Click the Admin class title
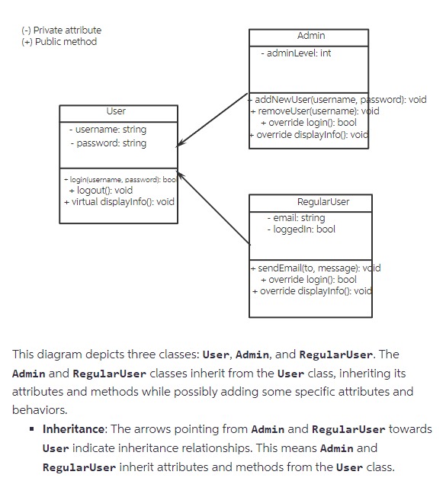pyautogui.click(x=310, y=37)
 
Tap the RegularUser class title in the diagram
pyautogui.click(x=311, y=201)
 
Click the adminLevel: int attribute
pyautogui.click(x=296, y=53)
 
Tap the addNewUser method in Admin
pyautogui.click(x=338, y=100)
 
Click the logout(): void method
pyautogui.click(x=101, y=191)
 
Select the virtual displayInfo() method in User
pyautogui.click(x=119, y=202)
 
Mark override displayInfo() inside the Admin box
pyautogui.click(x=309, y=135)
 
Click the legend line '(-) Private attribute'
pyautogui.click(x=61, y=30)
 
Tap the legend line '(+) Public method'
pyautogui.click(x=59, y=42)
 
